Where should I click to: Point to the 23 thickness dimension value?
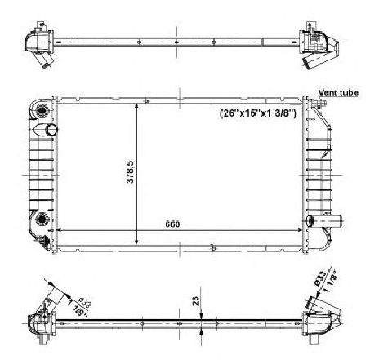click(x=195, y=301)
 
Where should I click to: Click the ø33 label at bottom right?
click(x=319, y=281)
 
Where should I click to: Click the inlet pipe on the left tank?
click(x=51, y=130)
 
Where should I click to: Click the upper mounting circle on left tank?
click(x=43, y=111)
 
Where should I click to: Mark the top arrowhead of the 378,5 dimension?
click(x=137, y=104)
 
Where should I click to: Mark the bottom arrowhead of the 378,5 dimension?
click(x=137, y=242)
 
